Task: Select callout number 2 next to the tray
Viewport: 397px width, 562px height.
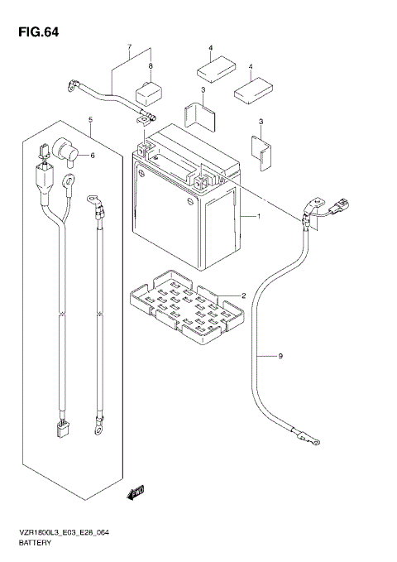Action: click(243, 295)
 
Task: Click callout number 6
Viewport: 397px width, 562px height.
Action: click(92, 155)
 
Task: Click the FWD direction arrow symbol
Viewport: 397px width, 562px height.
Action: click(134, 494)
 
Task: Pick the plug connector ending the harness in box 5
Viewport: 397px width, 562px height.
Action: click(62, 429)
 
